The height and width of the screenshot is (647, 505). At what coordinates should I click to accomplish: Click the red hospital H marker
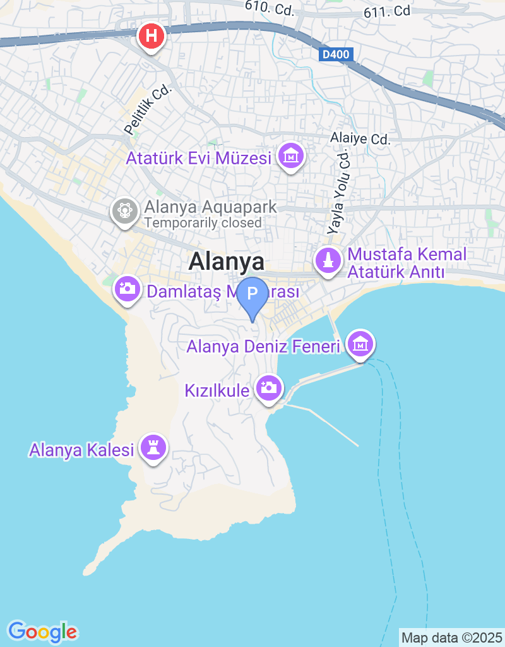[x=151, y=36]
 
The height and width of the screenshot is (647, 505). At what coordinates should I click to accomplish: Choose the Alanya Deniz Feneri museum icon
[x=360, y=344]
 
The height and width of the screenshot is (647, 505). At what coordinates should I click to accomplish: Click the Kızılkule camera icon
[x=269, y=387]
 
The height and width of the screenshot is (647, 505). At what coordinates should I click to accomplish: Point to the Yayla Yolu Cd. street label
[x=339, y=192]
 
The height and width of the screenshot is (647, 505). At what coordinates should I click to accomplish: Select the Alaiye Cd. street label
[x=360, y=138]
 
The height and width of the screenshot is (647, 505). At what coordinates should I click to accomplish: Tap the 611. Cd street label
[x=387, y=11]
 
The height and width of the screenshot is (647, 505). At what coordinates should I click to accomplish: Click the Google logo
[x=42, y=631]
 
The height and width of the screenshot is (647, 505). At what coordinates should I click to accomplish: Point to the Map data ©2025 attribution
[x=452, y=638]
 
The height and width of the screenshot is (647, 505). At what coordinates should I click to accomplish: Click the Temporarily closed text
[x=202, y=222]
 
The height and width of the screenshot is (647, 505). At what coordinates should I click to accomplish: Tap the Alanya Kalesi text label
[x=81, y=450]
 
